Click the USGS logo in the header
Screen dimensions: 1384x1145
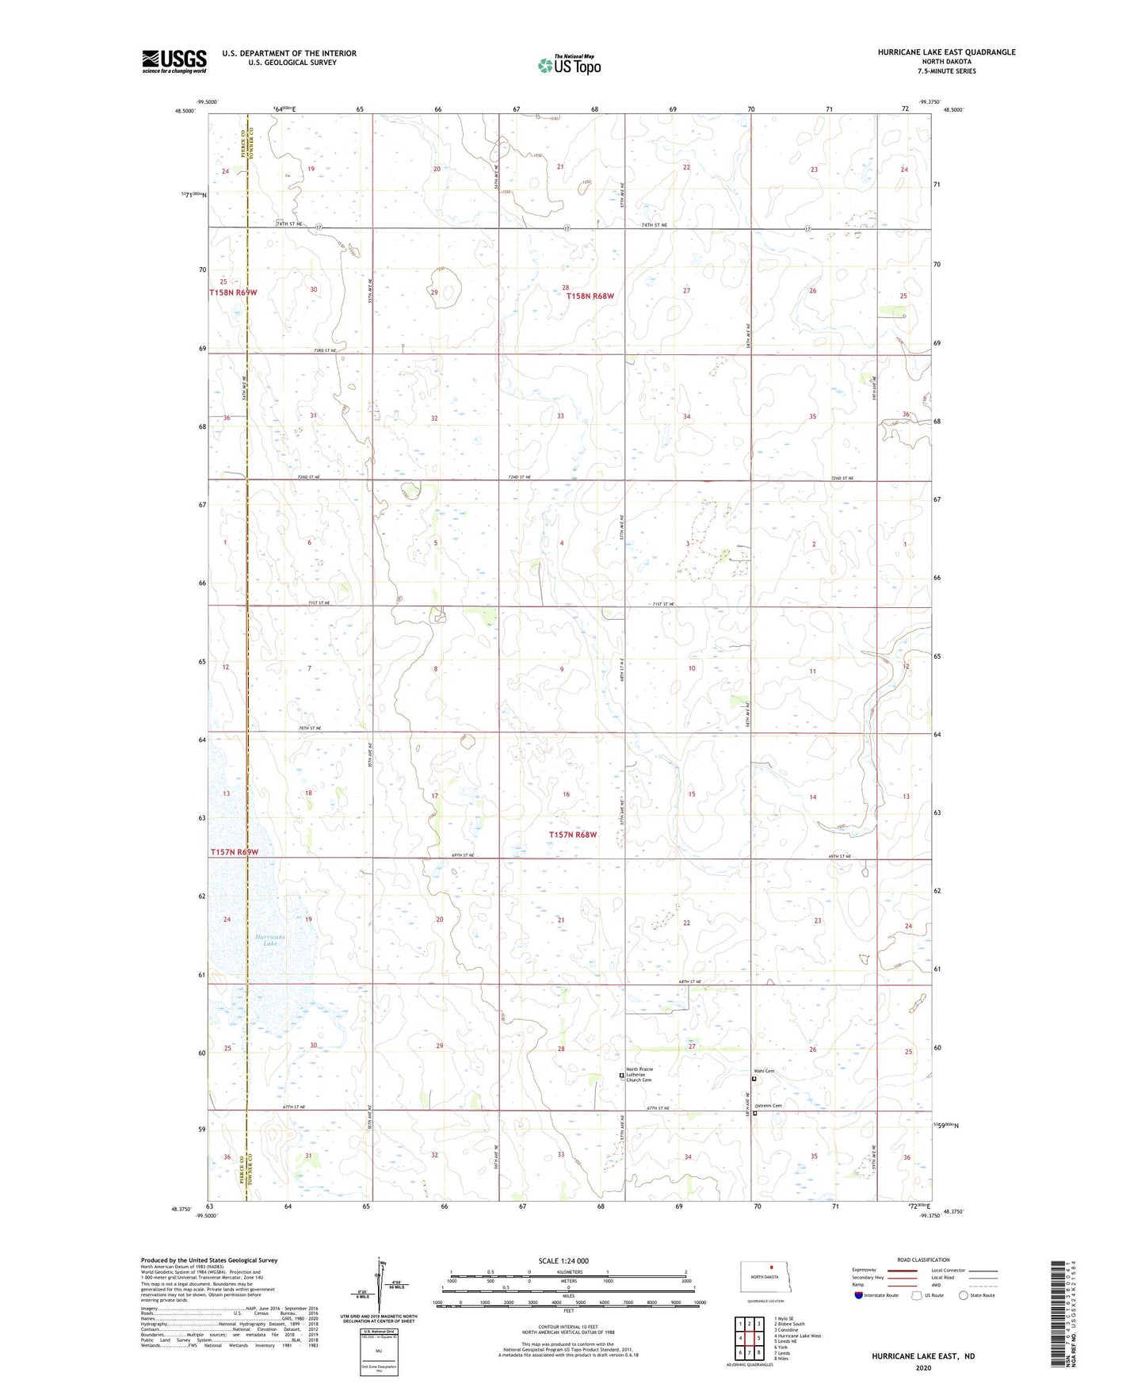click(174, 61)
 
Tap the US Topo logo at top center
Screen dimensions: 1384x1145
click(569, 65)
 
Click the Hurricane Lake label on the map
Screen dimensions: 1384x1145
click(270, 940)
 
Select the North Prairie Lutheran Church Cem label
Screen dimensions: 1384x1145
click(639, 1074)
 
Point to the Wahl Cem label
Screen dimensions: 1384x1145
click(764, 1071)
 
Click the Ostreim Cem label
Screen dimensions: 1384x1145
click(769, 1106)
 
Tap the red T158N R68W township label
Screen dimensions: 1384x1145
click(590, 296)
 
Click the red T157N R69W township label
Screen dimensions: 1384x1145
click(235, 852)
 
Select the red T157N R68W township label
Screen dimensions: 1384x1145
click(573, 835)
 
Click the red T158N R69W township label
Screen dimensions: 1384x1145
click(234, 292)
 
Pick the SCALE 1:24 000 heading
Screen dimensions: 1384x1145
click(563, 1260)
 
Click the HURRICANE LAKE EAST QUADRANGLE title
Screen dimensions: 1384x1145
click(946, 52)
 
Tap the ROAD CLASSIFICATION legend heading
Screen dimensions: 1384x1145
click(923, 1260)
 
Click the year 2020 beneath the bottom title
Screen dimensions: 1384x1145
click(923, 1367)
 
